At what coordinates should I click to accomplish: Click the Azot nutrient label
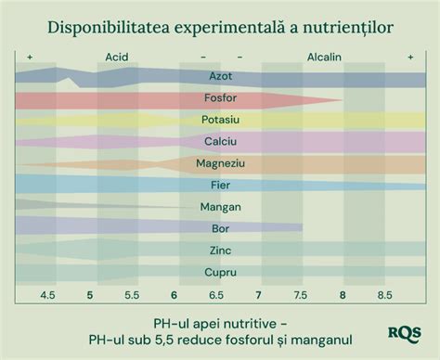click(220, 76)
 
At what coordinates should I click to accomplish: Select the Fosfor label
click(220, 98)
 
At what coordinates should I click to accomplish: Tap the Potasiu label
click(220, 120)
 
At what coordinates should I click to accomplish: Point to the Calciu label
click(220, 141)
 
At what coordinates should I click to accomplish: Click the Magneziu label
click(220, 163)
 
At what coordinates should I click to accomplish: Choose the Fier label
click(220, 185)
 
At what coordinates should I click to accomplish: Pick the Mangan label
click(220, 207)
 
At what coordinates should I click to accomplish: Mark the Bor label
click(220, 228)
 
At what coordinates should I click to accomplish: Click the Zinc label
click(220, 251)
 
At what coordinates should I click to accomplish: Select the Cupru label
click(220, 272)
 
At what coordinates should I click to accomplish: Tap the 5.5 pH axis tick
click(132, 295)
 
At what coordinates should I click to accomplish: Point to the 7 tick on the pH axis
click(258, 295)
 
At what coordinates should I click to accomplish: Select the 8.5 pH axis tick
click(383, 295)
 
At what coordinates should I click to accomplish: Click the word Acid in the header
click(117, 57)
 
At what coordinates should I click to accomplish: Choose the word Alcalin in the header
click(324, 57)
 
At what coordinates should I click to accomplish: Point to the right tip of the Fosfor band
click(343, 99)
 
